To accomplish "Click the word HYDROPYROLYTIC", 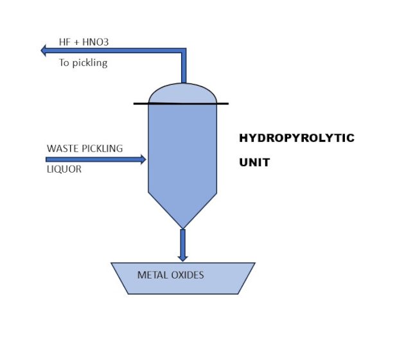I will point(296,138).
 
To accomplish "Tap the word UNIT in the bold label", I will point(254,162).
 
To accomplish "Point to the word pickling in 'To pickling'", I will point(90,64).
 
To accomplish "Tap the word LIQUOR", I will point(64,170).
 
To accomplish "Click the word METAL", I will point(152,275).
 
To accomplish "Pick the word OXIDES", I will point(186,275).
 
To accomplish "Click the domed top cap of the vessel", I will point(182,94).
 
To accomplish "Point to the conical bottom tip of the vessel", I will point(182,225).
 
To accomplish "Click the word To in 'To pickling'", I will point(64,64).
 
